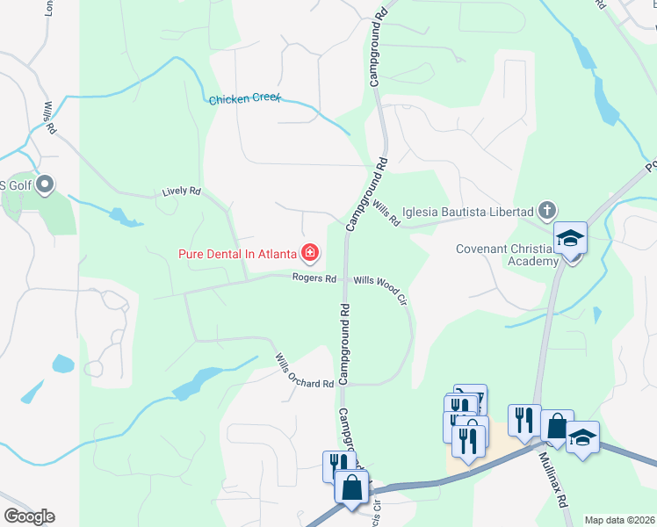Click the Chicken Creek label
(x=244, y=99)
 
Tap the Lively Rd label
(x=182, y=191)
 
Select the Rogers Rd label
(x=314, y=278)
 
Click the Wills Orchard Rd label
(x=305, y=372)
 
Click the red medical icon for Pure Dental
(x=309, y=254)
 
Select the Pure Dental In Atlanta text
(x=237, y=255)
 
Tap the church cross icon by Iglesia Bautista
(x=547, y=211)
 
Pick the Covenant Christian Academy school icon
(x=570, y=238)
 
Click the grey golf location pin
(x=47, y=185)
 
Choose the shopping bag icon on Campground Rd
(x=351, y=487)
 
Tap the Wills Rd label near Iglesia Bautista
(x=386, y=213)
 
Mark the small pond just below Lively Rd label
(x=123, y=218)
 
